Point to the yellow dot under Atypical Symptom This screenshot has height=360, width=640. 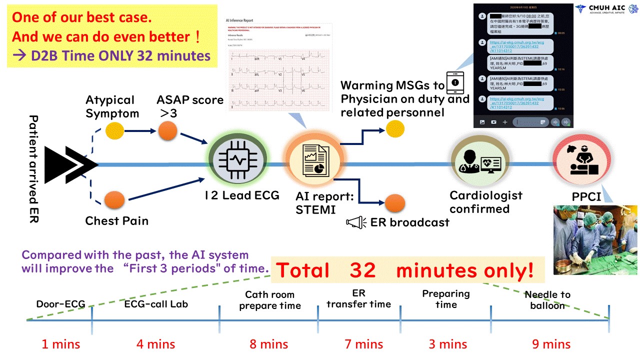tap(115, 131)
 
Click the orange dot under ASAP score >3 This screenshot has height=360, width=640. tap(167, 132)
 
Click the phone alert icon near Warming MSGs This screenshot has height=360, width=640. tap(454, 83)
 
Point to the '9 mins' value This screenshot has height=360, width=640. tap(549, 344)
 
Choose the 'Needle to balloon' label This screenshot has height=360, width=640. tap(547, 300)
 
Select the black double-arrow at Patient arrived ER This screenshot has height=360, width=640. tap(70, 164)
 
